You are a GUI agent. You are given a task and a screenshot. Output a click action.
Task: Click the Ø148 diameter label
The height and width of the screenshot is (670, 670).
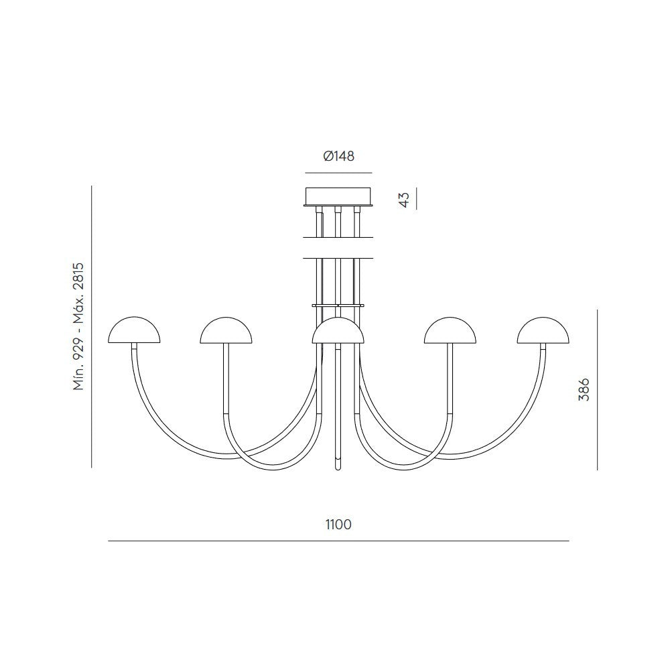point(338,156)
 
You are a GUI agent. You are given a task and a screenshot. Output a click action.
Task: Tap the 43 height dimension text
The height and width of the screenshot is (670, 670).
point(404,199)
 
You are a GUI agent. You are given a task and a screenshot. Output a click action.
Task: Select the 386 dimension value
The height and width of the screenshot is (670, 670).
point(584,389)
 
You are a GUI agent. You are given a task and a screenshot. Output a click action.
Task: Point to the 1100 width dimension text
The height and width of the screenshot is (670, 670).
point(338,525)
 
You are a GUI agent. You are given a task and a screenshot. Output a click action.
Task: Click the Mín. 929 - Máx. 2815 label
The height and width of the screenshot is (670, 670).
point(78,326)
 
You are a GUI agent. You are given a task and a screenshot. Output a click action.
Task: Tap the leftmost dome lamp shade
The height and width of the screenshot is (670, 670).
point(134,330)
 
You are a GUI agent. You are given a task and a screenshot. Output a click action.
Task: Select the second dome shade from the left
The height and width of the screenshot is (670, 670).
point(226,330)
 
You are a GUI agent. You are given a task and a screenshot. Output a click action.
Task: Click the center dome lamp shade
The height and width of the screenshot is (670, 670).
point(338,330)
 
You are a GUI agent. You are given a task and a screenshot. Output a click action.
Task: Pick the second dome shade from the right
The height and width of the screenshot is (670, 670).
point(450,330)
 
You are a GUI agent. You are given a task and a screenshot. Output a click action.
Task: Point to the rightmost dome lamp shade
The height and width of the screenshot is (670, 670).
point(543,330)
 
